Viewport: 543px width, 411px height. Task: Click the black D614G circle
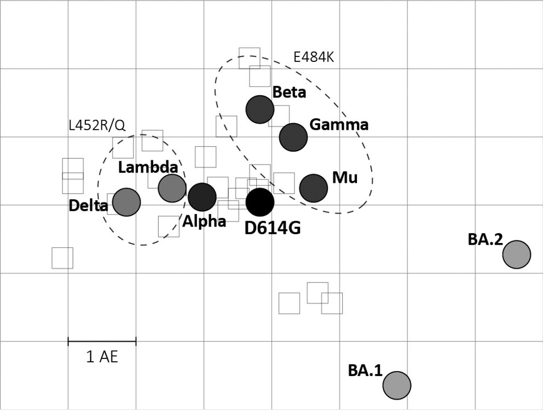point(259,202)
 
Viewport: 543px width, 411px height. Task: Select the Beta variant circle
point(259,109)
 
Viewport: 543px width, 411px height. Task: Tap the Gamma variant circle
point(293,137)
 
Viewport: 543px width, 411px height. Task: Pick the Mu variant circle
point(313,188)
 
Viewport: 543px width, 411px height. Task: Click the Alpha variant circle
point(202,197)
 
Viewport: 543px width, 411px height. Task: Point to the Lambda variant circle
point(172,188)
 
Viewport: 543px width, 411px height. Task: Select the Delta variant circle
point(126,202)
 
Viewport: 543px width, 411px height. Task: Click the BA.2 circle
point(516,254)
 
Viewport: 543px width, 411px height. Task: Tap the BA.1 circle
point(396,385)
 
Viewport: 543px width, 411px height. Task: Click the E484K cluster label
point(314,58)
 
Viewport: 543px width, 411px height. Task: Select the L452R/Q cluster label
point(97,125)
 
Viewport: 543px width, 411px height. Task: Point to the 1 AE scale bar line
point(102,341)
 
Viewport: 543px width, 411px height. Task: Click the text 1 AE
point(102,357)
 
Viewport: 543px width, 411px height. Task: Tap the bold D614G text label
point(273,228)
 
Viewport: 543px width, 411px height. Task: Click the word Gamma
point(339,125)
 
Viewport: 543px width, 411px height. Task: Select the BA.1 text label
point(365,371)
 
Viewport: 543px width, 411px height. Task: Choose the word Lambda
point(148,167)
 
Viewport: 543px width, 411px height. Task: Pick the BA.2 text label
point(485,240)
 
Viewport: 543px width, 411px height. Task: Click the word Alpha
point(204,221)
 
